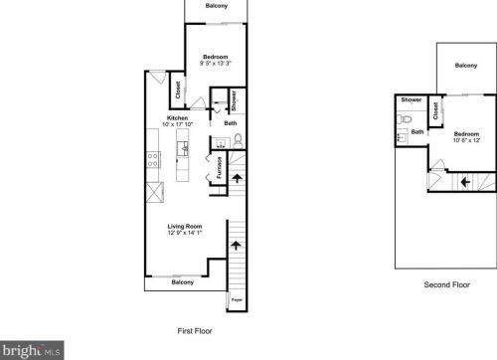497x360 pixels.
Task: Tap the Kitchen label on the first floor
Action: coord(176,117)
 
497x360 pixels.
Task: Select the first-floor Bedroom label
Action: coord(216,57)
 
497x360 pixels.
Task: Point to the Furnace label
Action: coord(218,168)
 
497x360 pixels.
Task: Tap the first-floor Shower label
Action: coord(233,100)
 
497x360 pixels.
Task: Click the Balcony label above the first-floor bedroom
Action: coord(216,6)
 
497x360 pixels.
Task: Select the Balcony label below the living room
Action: coord(183,282)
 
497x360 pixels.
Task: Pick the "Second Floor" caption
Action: coord(445,284)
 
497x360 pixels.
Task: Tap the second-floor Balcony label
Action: coord(466,66)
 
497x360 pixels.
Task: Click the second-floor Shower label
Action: coord(411,100)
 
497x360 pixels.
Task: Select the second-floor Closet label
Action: coord(436,107)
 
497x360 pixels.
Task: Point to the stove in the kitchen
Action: coord(153,158)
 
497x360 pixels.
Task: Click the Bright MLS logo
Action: coord(31,350)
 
